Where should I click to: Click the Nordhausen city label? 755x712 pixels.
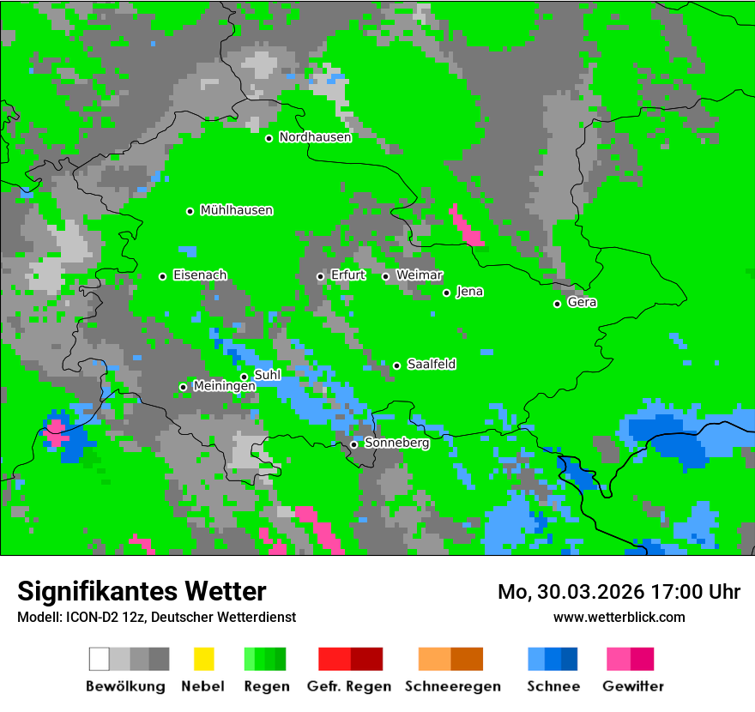(315, 137)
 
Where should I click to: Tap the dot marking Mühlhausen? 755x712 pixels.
(190, 211)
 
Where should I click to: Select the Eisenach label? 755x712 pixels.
(200, 275)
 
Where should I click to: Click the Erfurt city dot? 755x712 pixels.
(320, 276)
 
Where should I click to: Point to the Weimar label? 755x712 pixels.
(420, 275)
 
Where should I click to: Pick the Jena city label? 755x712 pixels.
(469, 292)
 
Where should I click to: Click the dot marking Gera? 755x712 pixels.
(557, 304)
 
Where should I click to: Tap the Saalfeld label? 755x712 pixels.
(432, 365)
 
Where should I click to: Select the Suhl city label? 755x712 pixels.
(268, 375)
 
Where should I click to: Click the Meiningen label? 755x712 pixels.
(225, 386)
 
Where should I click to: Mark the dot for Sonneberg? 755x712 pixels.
(353, 444)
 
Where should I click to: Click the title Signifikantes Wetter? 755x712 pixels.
(142, 591)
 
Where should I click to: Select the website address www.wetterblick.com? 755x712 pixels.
(619, 617)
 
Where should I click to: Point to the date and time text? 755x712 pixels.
(619, 592)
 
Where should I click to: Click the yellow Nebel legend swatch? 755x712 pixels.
(203, 659)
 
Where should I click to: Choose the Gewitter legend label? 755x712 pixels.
(632, 686)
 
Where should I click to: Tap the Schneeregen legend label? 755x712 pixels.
(453, 686)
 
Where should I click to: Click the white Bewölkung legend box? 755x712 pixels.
(100, 659)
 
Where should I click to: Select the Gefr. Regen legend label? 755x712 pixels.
(349, 686)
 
